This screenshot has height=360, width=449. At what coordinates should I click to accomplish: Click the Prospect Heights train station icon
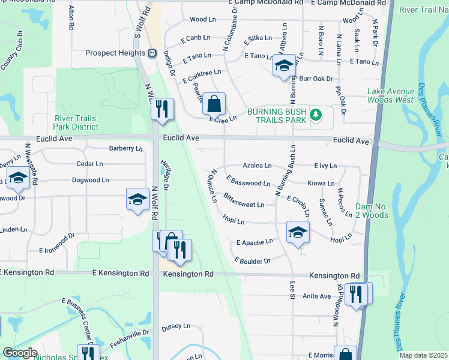[152, 53]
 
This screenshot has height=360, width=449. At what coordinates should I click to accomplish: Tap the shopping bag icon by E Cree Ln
[214, 105]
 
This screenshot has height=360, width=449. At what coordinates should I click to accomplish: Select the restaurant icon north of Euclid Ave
[161, 109]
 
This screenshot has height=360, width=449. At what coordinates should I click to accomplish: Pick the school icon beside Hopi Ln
[297, 233]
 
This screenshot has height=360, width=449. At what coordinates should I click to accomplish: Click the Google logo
[20, 353]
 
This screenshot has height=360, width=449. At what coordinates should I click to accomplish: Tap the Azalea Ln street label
[257, 165]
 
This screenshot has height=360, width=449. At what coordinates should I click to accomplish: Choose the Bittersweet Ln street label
[243, 200]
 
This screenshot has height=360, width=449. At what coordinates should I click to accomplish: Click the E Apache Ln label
[255, 242]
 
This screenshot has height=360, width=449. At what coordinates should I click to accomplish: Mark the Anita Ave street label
[316, 296]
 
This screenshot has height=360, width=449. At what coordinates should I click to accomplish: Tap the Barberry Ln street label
[125, 148]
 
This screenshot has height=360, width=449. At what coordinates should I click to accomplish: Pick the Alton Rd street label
[71, 17]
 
